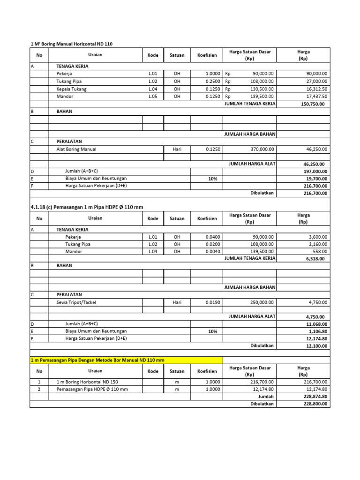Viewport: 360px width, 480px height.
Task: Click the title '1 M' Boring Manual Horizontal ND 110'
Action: (x=72, y=44)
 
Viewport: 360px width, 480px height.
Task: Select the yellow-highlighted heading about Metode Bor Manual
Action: (x=97, y=360)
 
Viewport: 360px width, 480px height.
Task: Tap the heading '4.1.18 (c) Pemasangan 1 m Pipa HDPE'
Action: (x=87, y=207)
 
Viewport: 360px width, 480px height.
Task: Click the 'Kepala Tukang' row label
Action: (x=71, y=89)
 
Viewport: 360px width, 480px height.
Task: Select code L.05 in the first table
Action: (x=153, y=97)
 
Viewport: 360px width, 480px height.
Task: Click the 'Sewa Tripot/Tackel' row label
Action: (x=76, y=303)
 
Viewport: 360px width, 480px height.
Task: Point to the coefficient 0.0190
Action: (x=213, y=303)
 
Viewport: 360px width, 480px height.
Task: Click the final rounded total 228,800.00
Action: (x=315, y=404)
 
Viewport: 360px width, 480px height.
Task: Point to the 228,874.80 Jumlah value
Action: (x=315, y=397)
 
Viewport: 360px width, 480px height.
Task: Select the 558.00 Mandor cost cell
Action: (x=321, y=252)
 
